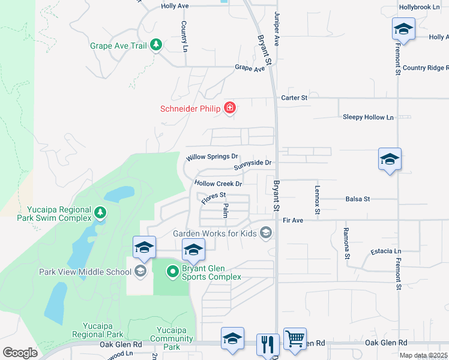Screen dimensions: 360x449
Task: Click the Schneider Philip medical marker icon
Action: (229, 109)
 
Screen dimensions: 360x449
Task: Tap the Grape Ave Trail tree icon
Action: (156, 45)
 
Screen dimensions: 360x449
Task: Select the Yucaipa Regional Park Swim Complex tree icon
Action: (100, 212)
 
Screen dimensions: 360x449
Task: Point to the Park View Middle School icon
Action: (140, 272)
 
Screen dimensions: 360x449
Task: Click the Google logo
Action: (20, 353)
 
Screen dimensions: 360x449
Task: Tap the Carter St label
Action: (294, 97)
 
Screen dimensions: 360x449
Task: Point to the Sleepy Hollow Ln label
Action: (368, 117)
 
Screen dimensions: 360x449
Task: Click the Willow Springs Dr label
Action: (212, 157)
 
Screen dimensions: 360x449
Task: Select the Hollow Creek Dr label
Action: (218, 184)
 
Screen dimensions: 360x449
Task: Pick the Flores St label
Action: (213, 197)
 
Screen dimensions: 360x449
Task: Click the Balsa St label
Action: (358, 199)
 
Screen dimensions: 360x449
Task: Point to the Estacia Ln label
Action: (386, 251)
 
